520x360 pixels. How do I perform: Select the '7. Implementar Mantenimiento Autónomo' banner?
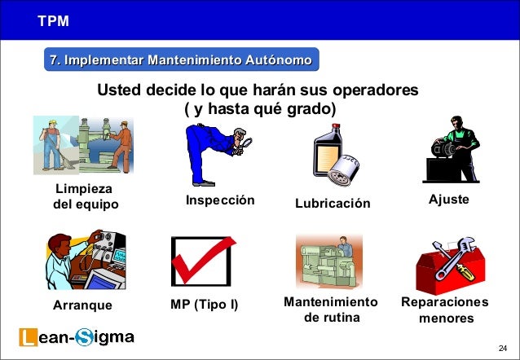(181, 60)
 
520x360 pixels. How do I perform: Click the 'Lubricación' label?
(333, 203)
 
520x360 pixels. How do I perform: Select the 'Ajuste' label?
(448, 200)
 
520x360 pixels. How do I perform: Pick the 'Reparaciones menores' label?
(445, 310)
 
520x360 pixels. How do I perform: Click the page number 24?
(501, 347)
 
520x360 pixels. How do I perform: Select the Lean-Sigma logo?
(77, 337)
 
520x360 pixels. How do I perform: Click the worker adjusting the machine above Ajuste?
(455, 143)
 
